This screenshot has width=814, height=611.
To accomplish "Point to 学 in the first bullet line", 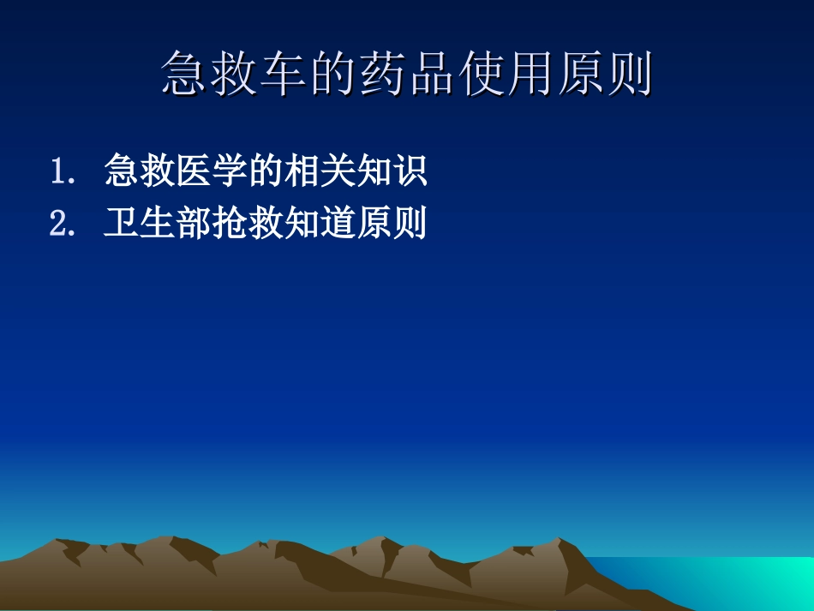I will pyautogui.click(x=228, y=171).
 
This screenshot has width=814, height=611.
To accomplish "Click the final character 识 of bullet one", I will pyautogui.click(x=409, y=171).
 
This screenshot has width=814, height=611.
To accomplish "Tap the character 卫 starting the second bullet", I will pyautogui.click(x=122, y=224).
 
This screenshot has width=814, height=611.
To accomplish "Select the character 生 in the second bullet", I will pyautogui.click(x=158, y=224).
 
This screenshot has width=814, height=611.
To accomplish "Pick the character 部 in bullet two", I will pyautogui.click(x=194, y=224).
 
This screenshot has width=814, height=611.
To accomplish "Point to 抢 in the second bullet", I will pyautogui.click(x=230, y=224).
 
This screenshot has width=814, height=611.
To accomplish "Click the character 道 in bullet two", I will pyautogui.click(x=338, y=224).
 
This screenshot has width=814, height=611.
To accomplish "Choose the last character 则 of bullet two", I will pyautogui.click(x=410, y=224).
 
